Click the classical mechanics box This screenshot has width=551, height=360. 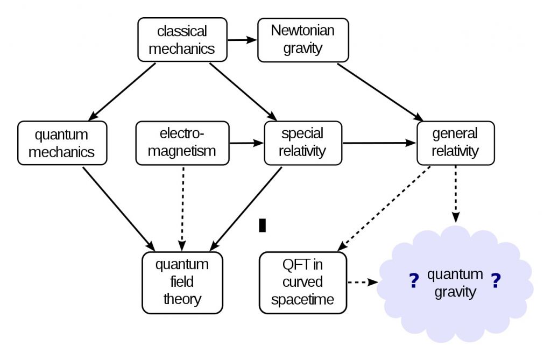[182, 39]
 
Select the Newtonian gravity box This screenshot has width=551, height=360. [303, 39]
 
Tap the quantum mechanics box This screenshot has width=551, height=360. [62, 143]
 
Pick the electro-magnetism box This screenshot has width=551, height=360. [182, 143]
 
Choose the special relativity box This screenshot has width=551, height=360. [303, 143]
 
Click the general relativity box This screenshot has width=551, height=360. [455, 143]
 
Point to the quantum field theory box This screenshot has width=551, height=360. [182, 282]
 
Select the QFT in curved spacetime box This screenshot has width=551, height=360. [303, 282]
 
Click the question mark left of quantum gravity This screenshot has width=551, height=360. [414, 281]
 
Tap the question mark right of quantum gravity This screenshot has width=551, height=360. [496, 281]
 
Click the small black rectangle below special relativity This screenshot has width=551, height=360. [263, 225]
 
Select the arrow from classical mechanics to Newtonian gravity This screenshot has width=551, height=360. [242, 39]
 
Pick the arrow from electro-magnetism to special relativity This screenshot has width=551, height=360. [246, 143]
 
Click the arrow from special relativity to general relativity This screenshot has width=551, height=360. [379, 143]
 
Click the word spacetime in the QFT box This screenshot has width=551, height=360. [303, 299]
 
